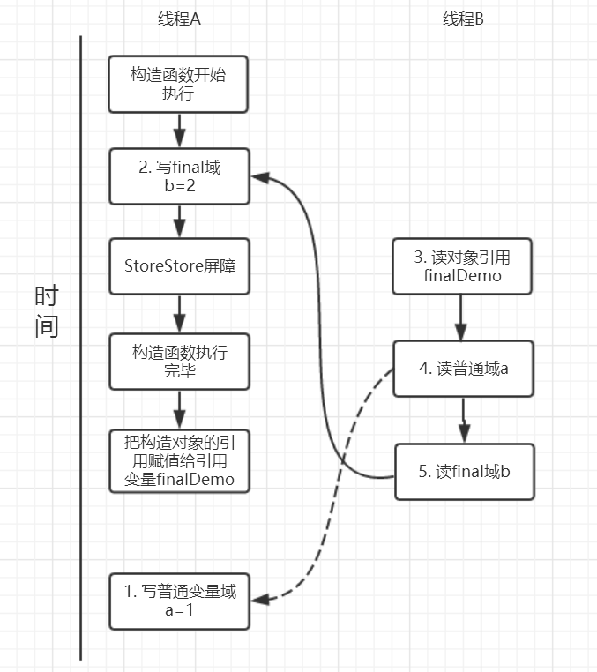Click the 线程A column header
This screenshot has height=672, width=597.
click(179, 20)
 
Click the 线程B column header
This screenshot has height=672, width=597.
click(463, 20)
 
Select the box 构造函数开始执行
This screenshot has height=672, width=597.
click(179, 85)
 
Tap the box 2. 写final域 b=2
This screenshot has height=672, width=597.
click(179, 175)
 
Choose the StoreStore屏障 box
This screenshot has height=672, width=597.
click(179, 265)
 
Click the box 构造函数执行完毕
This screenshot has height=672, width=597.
click(179, 361)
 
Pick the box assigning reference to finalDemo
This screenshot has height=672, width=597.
click(179, 459)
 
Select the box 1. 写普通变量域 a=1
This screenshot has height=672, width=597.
click(179, 601)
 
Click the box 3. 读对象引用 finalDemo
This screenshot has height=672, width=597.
click(462, 265)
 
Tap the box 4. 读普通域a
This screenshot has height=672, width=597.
click(462, 368)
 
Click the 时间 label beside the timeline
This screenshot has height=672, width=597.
click(47, 311)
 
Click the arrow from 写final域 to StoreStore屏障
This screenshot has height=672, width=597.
click(179, 220)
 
